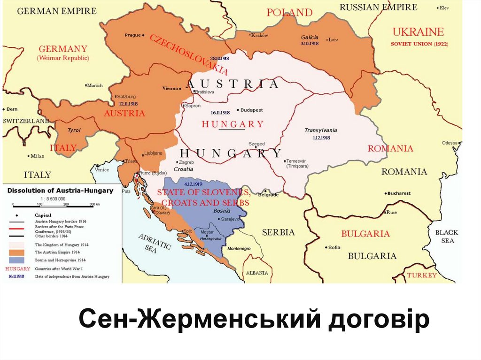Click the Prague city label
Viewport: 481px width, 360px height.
tap(133, 35)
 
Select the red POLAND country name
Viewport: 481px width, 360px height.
tap(289, 13)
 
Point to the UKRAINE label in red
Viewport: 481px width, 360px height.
tap(418, 32)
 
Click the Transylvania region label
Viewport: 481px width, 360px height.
tap(320, 130)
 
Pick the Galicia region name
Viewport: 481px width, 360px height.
tap(310, 37)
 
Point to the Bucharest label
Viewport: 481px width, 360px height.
tap(399, 193)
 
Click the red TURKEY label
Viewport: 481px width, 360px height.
tap(421, 275)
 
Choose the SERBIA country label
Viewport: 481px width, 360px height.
tap(278, 232)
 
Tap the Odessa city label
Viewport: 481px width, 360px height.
tap(449, 143)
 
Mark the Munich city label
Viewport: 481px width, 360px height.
tap(95, 85)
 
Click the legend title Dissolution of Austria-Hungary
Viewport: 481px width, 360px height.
tap(60, 191)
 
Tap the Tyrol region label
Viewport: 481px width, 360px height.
tap(74, 130)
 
